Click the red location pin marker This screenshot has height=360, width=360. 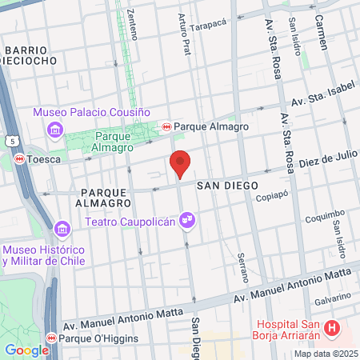coord(181,163)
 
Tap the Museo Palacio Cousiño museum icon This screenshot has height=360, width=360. coord(54,129)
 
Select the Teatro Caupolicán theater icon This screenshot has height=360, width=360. coord(187,218)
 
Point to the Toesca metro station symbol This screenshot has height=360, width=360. coord(19,158)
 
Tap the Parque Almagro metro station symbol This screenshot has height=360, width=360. coord(166,126)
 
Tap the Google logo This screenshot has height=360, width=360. coord(26,350)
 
